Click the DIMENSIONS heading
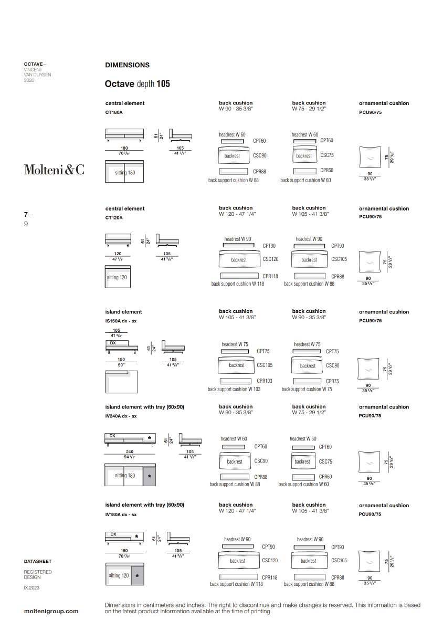127,65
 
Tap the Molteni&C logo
54,169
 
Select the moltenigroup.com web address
51,611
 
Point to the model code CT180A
114,112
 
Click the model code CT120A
114,217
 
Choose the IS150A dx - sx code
121,321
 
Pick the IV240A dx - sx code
121,416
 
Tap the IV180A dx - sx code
121,514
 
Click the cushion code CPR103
265,381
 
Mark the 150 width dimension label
121,360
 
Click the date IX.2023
31,588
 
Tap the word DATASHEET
38,562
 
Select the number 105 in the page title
163,83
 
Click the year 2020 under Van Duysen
29,80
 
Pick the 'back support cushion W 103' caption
234,390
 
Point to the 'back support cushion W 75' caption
307,390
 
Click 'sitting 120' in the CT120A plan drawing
117,277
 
